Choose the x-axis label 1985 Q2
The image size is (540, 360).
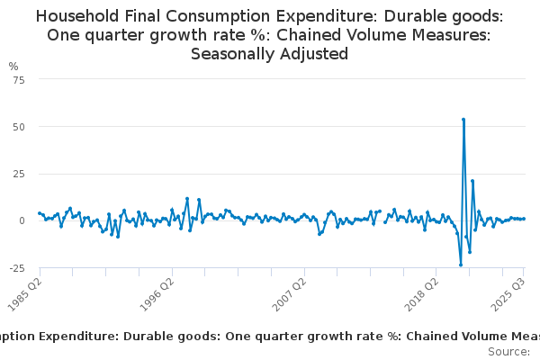(23, 292)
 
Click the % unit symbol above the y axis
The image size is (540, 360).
(13, 67)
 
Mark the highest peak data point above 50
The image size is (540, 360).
(463, 119)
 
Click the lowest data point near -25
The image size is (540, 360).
(461, 265)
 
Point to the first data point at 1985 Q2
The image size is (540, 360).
(40, 213)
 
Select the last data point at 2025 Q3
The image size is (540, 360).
(524, 219)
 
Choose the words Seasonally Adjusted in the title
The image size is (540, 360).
(270, 53)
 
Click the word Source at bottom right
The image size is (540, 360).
(509, 351)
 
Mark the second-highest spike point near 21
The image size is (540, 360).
(472, 181)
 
